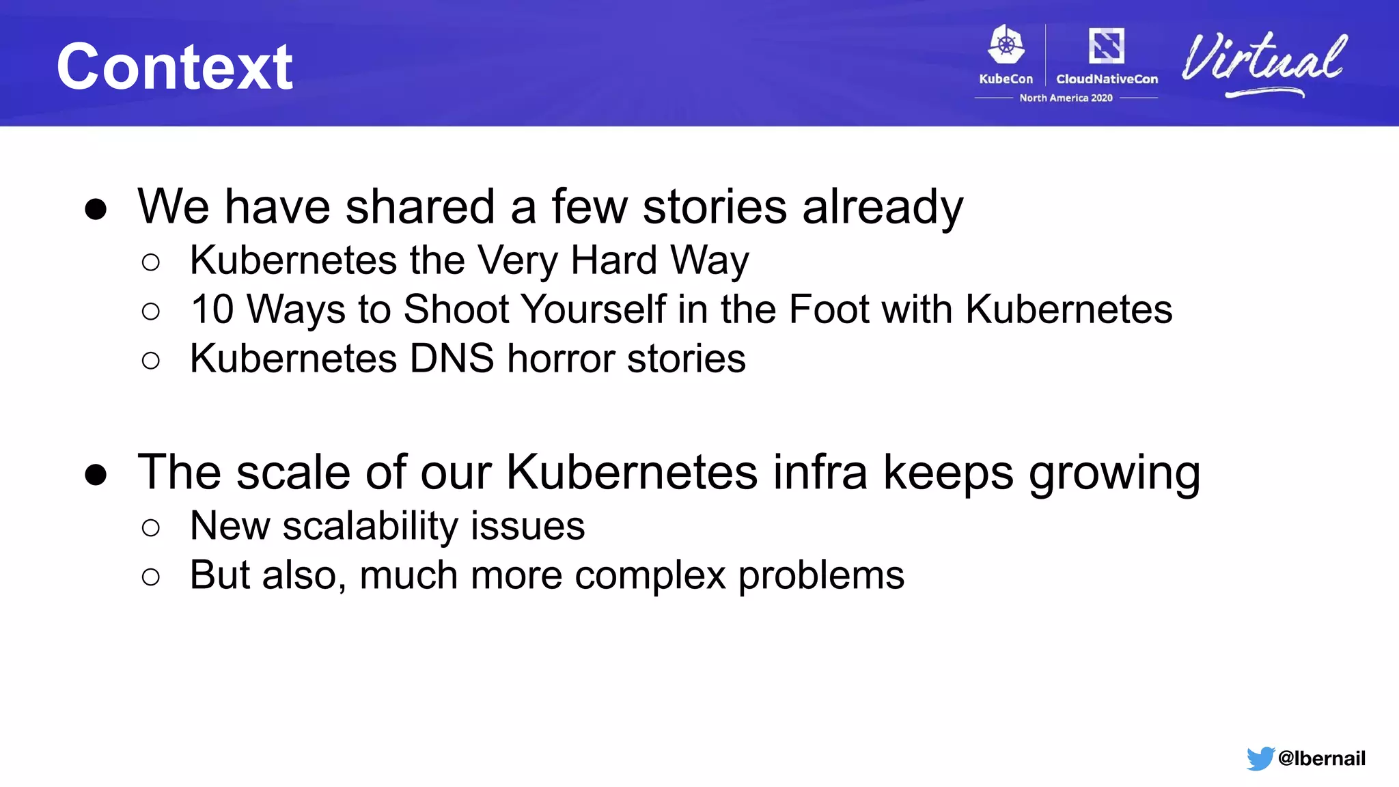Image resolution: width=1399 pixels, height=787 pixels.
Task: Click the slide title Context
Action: click(175, 66)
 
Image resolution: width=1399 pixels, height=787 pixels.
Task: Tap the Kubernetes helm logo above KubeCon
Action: click(1006, 46)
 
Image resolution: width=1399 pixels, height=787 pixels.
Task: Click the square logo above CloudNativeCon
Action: click(1106, 46)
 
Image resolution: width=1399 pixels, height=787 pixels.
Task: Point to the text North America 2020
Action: click(1066, 98)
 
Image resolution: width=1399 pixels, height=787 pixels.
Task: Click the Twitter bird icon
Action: click(1260, 758)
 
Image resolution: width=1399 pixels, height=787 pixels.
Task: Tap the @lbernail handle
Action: click(1321, 758)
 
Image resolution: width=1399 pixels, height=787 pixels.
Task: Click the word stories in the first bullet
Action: click(715, 206)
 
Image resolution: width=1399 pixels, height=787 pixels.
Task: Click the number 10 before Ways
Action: click(212, 309)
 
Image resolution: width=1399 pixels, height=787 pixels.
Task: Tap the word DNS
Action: click(452, 359)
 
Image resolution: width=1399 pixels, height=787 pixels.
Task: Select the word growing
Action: click(1114, 473)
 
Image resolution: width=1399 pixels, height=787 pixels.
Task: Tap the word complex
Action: click(650, 575)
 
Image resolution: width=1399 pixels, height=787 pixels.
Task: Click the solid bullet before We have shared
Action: click(96, 208)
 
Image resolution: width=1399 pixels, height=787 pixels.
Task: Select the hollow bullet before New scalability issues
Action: click(151, 527)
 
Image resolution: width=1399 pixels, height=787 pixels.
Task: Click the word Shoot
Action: click(456, 309)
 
